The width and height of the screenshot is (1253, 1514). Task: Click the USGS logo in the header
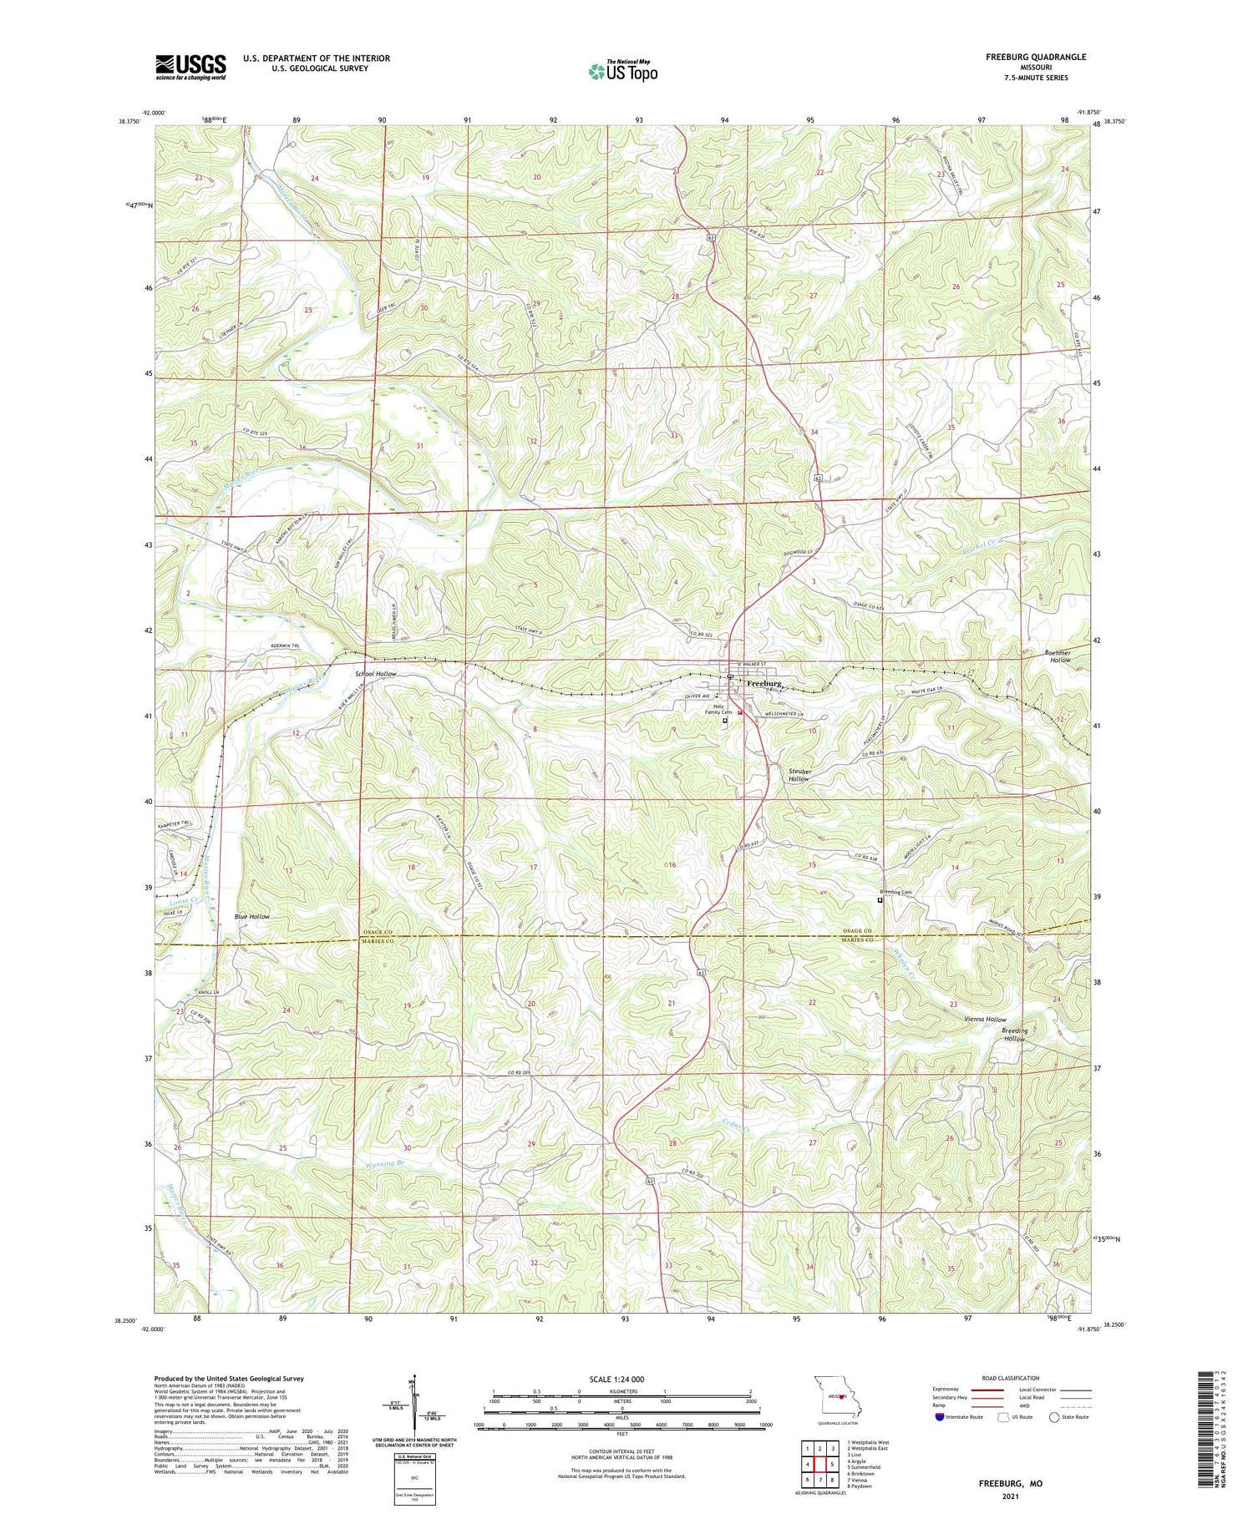(x=190, y=67)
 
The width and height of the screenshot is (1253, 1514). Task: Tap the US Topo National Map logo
(x=623, y=71)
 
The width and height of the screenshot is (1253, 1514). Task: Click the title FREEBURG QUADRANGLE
(x=1036, y=57)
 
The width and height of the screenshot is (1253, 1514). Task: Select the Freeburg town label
(x=763, y=683)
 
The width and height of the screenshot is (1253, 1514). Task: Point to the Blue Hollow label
(x=251, y=916)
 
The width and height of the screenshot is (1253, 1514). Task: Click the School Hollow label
(x=375, y=673)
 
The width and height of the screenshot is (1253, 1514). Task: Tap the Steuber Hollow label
(x=799, y=775)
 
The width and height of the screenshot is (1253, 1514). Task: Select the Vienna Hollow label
(x=985, y=1020)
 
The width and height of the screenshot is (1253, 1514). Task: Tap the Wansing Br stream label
(x=385, y=1162)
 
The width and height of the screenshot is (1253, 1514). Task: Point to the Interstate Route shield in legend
(x=940, y=1416)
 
